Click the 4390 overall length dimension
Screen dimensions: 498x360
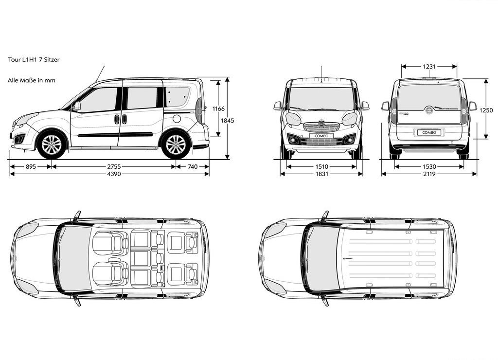[x=114, y=174]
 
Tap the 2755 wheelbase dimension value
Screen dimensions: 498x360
[x=114, y=166]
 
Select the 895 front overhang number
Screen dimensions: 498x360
[x=31, y=166]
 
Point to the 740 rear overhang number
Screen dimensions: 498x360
[x=193, y=166]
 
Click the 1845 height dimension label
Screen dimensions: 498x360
[x=228, y=121]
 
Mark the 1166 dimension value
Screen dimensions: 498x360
[x=218, y=108]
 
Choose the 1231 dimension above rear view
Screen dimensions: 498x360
[x=429, y=67]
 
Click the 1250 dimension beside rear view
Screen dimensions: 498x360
[x=486, y=110]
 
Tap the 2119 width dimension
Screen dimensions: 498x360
[x=429, y=174]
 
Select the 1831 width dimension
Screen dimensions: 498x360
[x=322, y=174]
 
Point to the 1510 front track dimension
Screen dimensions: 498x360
[x=322, y=166]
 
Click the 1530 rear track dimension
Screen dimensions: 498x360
[x=429, y=166]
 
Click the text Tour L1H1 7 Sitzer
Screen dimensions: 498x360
[x=34, y=59]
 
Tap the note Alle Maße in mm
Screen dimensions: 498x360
[x=32, y=80]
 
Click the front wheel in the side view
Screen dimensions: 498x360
[x=52, y=144]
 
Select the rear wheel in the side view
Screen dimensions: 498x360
[x=176, y=144]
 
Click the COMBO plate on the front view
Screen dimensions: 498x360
[x=321, y=136]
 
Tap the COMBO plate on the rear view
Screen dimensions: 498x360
[x=429, y=132]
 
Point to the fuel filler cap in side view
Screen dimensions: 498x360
[x=177, y=119]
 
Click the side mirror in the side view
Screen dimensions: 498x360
[x=76, y=106]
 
